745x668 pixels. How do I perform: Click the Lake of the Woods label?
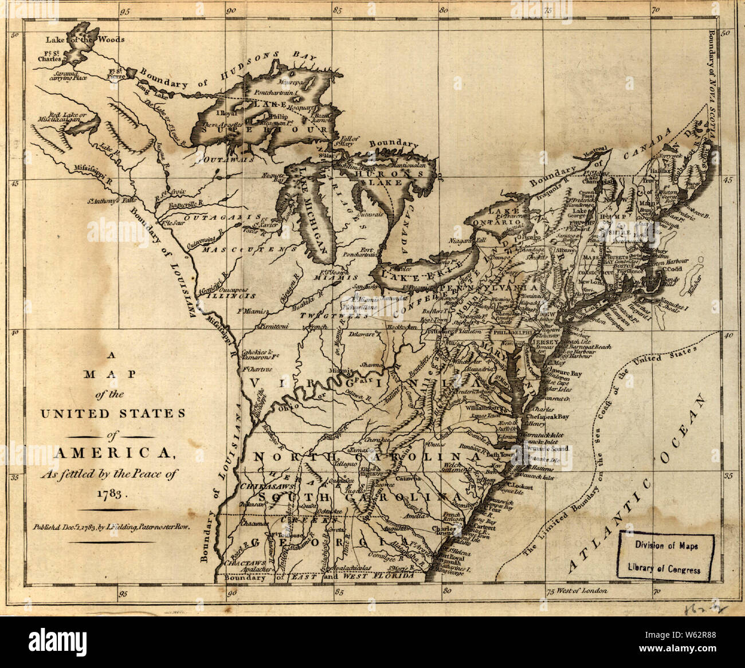pyautogui.click(x=85, y=40)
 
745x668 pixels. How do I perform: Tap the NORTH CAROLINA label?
pyautogui.click(x=367, y=458)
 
